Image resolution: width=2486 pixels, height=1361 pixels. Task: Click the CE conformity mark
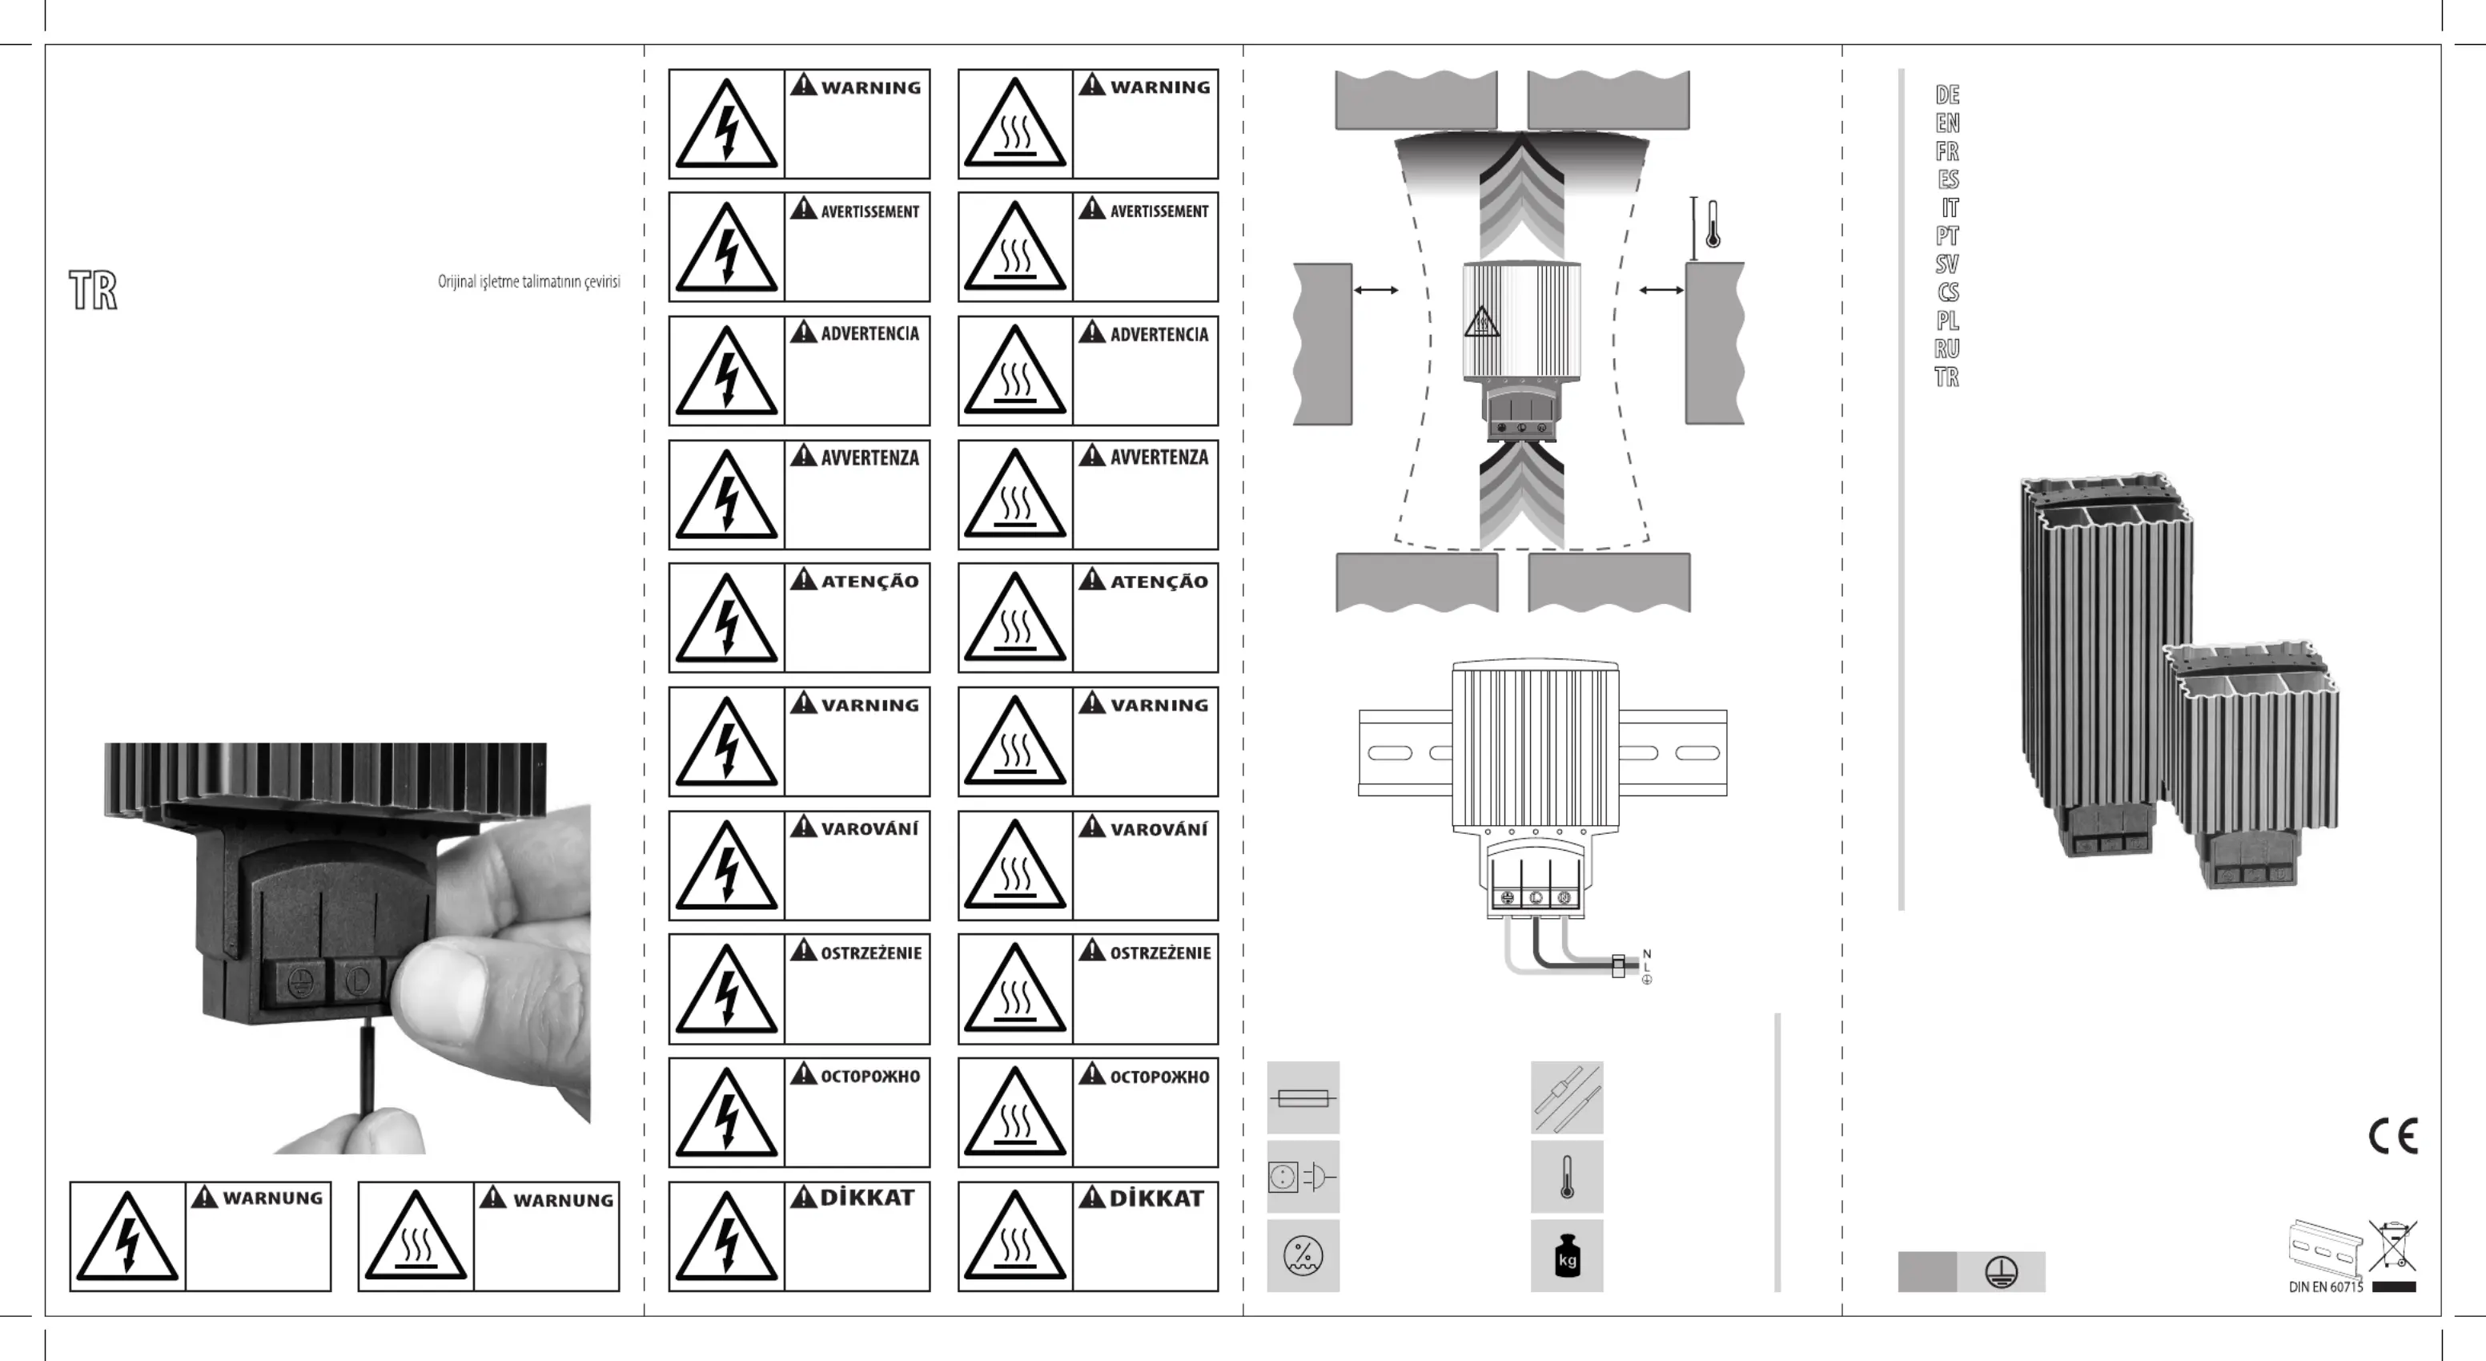pyautogui.click(x=2393, y=1136)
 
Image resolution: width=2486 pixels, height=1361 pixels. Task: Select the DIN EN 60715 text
pyautogui.click(x=2326, y=1287)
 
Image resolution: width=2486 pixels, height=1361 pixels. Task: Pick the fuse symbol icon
pyautogui.click(x=1303, y=1097)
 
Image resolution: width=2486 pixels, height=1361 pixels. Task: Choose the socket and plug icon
pyautogui.click(x=1303, y=1177)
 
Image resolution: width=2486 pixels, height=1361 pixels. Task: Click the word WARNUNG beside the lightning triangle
pyautogui.click(x=273, y=1198)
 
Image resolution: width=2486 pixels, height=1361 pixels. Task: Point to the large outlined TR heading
pyautogui.click(x=94, y=289)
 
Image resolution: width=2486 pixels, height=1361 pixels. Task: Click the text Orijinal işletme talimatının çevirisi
pyautogui.click(x=529, y=282)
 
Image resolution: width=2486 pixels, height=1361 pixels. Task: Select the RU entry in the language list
pyautogui.click(x=1946, y=348)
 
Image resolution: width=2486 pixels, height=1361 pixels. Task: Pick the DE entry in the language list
pyautogui.click(x=1947, y=95)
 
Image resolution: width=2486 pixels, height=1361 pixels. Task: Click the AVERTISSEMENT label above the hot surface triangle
pyautogui.click(x=1159, y=211)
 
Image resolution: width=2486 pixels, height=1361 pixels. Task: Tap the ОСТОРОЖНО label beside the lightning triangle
pyautogui.click(x=870, y=1077)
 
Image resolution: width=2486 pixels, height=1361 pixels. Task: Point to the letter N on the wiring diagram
pyautogui.click(x=1646, y=954)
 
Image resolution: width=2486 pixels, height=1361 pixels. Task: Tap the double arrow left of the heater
pyautogui.click(x=1376, y=289)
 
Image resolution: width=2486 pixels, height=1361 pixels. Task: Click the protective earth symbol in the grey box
pyautogui.click(x=2002, y=1272)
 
